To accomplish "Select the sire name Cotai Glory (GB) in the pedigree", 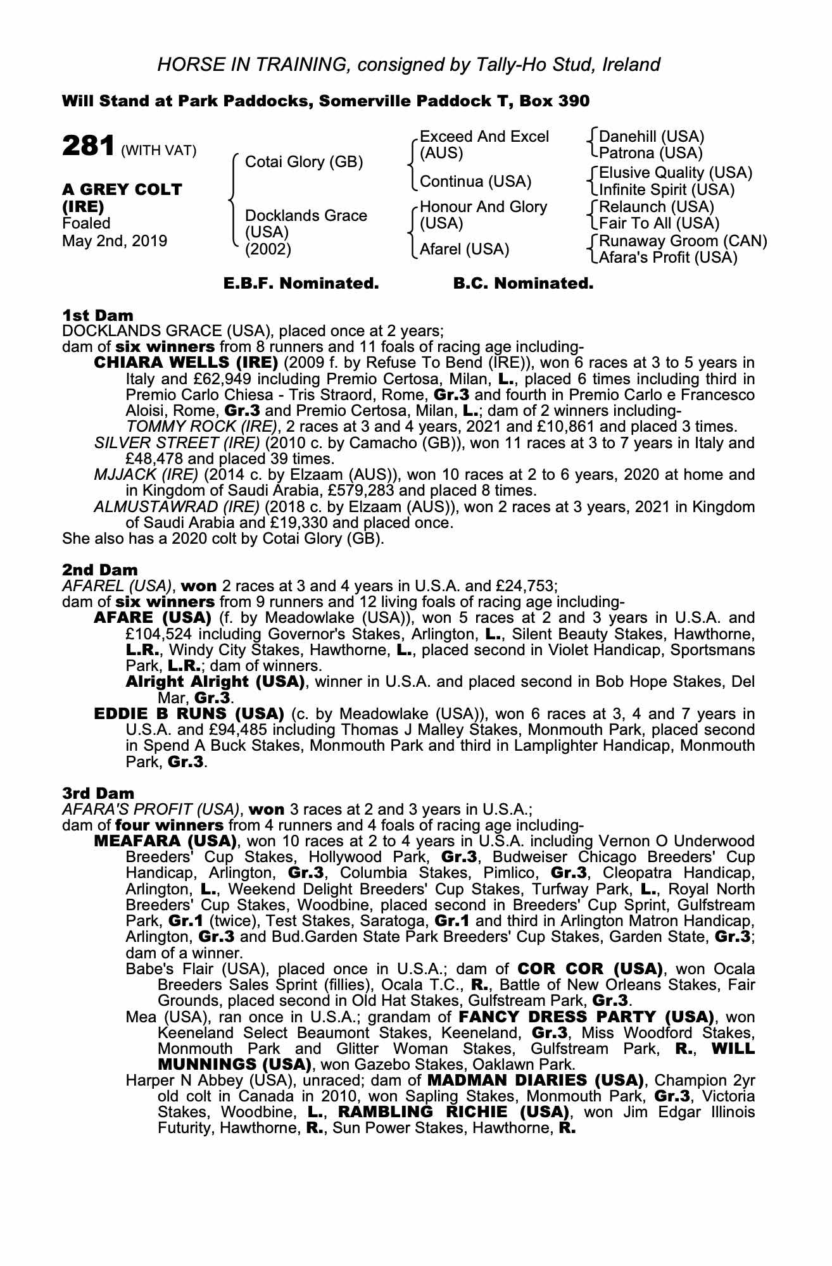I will (304, 162).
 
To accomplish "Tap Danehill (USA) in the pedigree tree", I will (651, 137).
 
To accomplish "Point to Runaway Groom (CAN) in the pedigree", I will (683, 241).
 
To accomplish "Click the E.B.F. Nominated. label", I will (301, 284).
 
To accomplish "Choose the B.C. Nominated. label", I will (523, 284).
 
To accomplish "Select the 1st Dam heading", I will (98, 315).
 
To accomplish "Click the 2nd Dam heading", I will (100, 570).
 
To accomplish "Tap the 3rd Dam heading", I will (99, 794).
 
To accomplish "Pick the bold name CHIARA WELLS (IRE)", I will (186, 363).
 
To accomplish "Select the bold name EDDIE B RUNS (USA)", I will (189, 714).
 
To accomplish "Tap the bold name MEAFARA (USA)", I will (165, 842).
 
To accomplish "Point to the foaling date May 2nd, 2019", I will (115, 241).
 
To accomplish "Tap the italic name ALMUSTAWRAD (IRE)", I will (177, 507).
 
